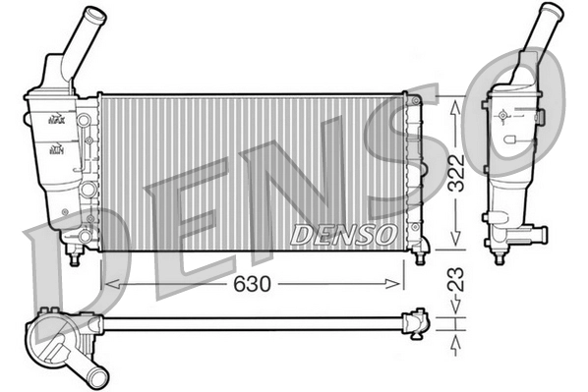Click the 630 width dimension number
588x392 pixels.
(x=253, y=283)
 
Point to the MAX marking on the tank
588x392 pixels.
(x=56, y=119)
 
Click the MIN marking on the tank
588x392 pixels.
(x=56, y=149)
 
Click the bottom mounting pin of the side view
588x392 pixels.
(x=500, y=257)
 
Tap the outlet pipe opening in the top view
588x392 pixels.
(x=97, y=376)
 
